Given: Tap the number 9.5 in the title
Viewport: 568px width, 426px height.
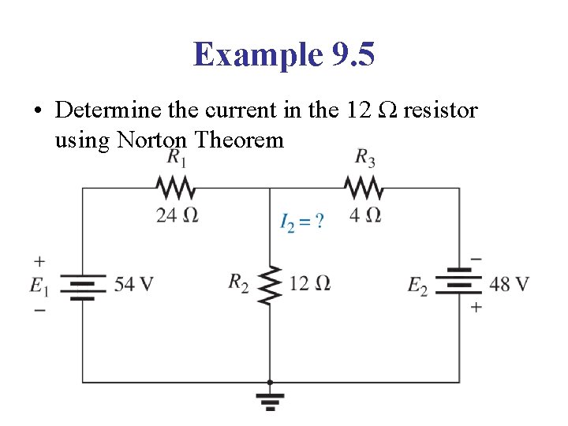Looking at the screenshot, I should click(x=347, y=54).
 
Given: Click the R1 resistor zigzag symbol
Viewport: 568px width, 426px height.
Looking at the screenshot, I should click(x=176, y=189).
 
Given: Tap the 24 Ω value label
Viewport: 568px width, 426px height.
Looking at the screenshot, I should click(x=176, y=215).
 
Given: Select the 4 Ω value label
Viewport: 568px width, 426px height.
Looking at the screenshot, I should click(x=364, y=215).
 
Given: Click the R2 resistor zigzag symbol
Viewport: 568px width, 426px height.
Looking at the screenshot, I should click(x=270, y=284).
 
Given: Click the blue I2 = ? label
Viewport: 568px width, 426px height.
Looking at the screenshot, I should click(x=301, y=221).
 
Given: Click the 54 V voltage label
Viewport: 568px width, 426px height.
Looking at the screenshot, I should click(x=133, y=284).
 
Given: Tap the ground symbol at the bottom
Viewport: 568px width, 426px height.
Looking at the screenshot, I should click(x=270, y=400).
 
